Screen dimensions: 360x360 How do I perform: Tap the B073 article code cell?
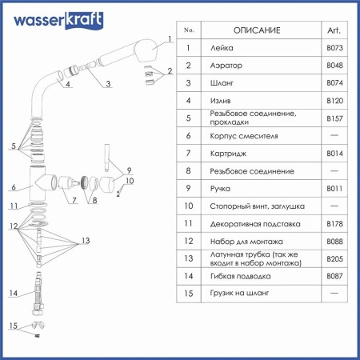click(334, 48)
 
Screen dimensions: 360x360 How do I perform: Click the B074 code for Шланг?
click(334, 82)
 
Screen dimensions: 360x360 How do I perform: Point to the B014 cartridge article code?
click(334, 153)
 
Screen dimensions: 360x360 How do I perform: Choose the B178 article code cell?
click(334, 225)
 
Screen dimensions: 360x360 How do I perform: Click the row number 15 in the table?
click(189, 294)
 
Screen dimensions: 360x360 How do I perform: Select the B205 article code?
click(334, 258)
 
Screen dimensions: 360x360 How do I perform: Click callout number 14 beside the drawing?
click(12, 294)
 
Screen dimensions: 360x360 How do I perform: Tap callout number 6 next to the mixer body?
click(14, 188)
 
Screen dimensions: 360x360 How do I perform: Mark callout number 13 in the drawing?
click(85, 241)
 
